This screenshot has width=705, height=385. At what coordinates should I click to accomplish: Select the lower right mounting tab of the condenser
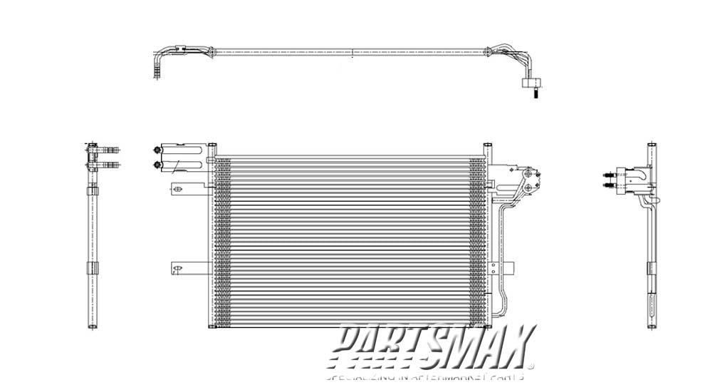coord(507,269)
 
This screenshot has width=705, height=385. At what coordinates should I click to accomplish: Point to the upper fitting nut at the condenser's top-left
coord(156,150)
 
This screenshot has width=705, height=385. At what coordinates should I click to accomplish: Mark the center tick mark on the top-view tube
coord(352,51)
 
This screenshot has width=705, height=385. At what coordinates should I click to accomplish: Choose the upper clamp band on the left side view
coord(92,190)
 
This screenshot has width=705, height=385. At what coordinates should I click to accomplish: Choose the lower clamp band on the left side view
coord(92,269)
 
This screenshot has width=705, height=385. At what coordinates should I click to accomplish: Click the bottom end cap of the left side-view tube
coord(92,326)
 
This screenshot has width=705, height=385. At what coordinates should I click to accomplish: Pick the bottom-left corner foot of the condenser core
coord(211,326)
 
